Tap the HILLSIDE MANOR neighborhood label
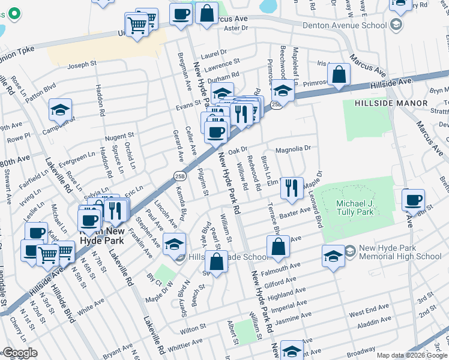391,103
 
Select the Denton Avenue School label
344,25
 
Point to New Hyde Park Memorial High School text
400,252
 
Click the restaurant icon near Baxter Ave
292,188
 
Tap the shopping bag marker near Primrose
339,75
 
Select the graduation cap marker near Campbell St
60,109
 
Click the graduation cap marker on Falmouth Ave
333,256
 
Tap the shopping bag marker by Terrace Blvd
279,246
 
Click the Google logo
20,353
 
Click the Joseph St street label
82,64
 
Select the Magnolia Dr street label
293,148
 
